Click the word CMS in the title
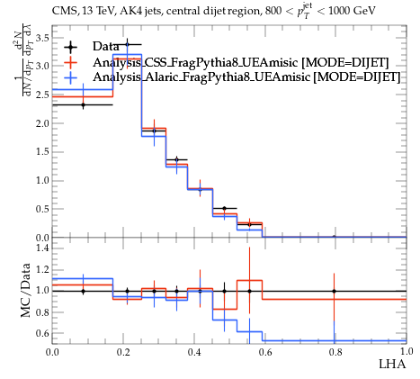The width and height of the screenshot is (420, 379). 61,11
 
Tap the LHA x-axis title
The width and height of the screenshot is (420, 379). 392,364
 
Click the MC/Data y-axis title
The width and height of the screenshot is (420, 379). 26,291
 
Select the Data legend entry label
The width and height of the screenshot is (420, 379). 105,46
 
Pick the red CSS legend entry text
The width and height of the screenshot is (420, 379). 241,62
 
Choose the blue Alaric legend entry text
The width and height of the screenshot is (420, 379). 246,77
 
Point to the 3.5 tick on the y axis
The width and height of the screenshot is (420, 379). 42,38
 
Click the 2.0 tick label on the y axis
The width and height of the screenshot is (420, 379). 42,123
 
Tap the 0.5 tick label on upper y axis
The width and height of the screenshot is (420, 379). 42,209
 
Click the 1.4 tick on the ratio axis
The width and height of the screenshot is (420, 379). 42,248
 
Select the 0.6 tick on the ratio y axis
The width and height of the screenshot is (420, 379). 42,333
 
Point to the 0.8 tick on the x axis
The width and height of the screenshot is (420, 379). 335,352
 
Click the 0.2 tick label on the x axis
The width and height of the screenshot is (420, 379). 123,352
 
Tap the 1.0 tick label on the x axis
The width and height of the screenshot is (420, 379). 407,351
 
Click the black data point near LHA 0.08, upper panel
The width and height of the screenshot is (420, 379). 83,105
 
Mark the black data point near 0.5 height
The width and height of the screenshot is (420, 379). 224,208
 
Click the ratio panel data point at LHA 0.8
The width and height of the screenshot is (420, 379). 334,291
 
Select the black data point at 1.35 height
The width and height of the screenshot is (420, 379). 176,159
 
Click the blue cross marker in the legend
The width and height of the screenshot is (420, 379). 70,77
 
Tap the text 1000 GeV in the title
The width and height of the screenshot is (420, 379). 352,11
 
